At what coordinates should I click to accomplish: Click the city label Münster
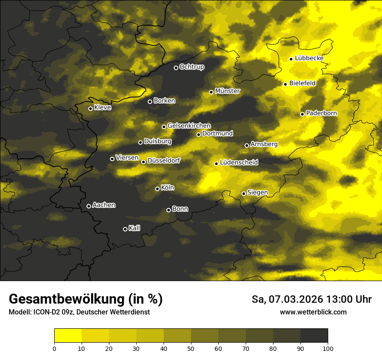(227, 91)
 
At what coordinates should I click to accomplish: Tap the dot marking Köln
(157, 189)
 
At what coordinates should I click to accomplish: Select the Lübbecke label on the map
(309, 58)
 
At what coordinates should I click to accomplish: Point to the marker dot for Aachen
(89, 206)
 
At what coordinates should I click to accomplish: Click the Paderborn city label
(321, 113)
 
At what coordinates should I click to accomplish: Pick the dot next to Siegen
(244, 193)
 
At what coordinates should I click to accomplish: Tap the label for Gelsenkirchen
(189, 126)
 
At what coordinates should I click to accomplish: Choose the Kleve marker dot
(90, 108)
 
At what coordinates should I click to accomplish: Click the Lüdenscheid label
(239, 163)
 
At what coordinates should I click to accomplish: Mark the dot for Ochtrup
(176, 67)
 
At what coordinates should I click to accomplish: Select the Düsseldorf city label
(163, 160)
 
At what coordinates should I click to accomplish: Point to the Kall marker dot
(125, 229)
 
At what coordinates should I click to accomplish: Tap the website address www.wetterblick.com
(313, 312)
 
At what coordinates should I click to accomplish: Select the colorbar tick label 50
(191, 348)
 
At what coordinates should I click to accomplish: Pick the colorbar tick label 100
(328, 348)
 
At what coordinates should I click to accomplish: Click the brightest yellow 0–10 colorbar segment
(68, 336)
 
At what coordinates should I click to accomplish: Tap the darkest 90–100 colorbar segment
(314, 336)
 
